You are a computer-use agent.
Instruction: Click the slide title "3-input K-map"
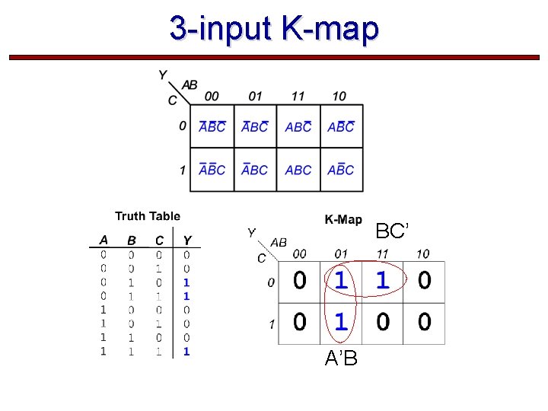(x=274, y=29)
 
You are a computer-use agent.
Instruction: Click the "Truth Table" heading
(x=148, y=216)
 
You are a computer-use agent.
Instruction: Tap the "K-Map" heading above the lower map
(x=343, y=220)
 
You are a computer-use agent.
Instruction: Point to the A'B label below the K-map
(x=341, y=358)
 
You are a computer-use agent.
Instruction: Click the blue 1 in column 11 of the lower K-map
(x=382, y=281)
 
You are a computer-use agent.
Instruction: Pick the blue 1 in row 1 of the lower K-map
(x=341, y=322)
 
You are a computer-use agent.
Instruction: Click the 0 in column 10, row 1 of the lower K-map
(x=424, y=322)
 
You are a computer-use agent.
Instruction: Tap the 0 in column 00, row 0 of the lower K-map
(x=300, y=281)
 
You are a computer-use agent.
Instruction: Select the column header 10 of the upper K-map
(x=339, y=96)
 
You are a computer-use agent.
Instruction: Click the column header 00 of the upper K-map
(x=212, y=96)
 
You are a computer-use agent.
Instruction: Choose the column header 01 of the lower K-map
(x=341, y=253)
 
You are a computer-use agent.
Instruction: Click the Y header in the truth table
(x=187, y=241)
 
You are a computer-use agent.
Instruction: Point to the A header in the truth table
(x=104, y=241)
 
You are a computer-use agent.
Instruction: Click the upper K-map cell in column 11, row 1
(x=298, y=170)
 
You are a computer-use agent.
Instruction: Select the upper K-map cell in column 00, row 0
(x=212, y=127)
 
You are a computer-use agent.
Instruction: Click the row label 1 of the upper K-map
(x=183, y=170)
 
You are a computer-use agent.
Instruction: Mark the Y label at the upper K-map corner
(x=163, y=75)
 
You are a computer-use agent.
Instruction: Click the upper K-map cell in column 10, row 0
(x=341, y=127)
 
